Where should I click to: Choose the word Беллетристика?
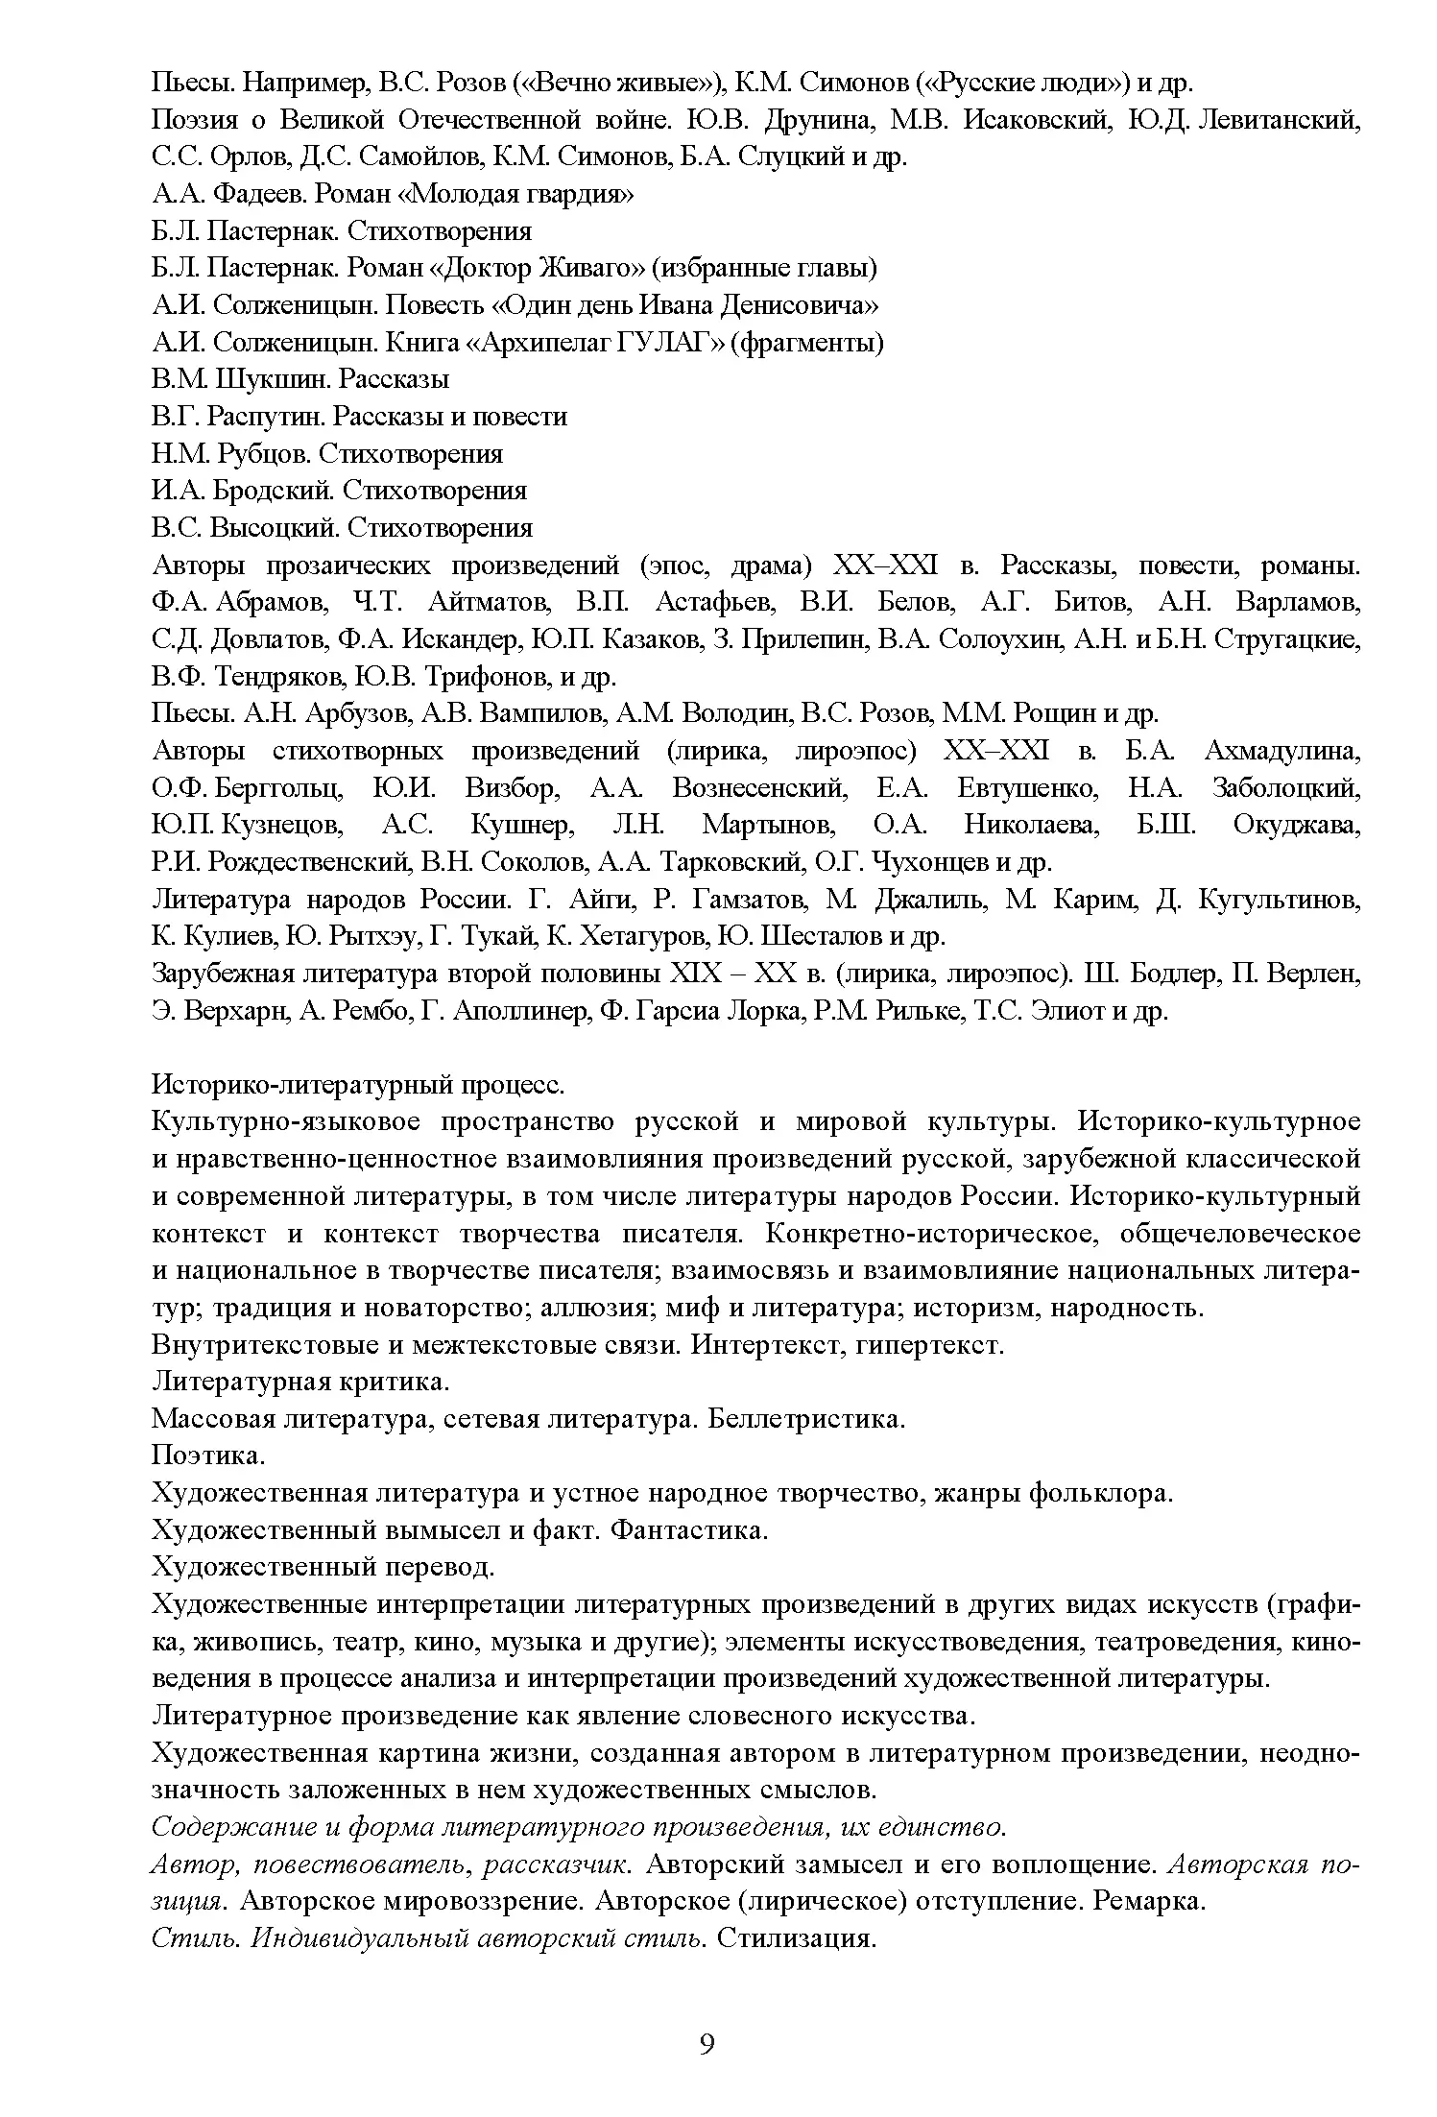pos(806,1419)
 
